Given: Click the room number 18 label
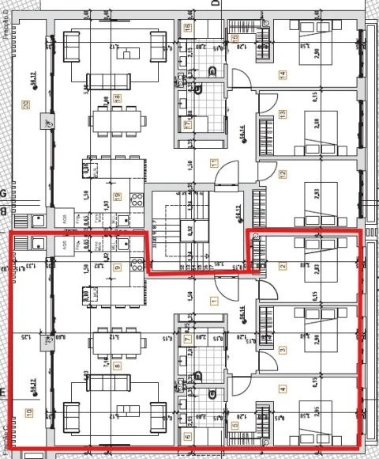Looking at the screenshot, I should [x=118, y=98].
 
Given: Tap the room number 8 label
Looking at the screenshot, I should [x=118, y=366].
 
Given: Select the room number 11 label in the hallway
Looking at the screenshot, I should [x=213, y=164].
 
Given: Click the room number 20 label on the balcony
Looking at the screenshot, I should [x=26, y=105].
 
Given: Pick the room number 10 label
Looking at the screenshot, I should [x=29, y=412].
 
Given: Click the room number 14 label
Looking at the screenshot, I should [x=282, y=75].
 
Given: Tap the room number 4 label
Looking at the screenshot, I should [x=282, y=389].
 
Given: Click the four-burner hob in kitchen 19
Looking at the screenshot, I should [x=135, y=199].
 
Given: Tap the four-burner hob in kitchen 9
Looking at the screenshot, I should [x=135, y=264].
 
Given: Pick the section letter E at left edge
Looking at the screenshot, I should [x=3, y=392].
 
